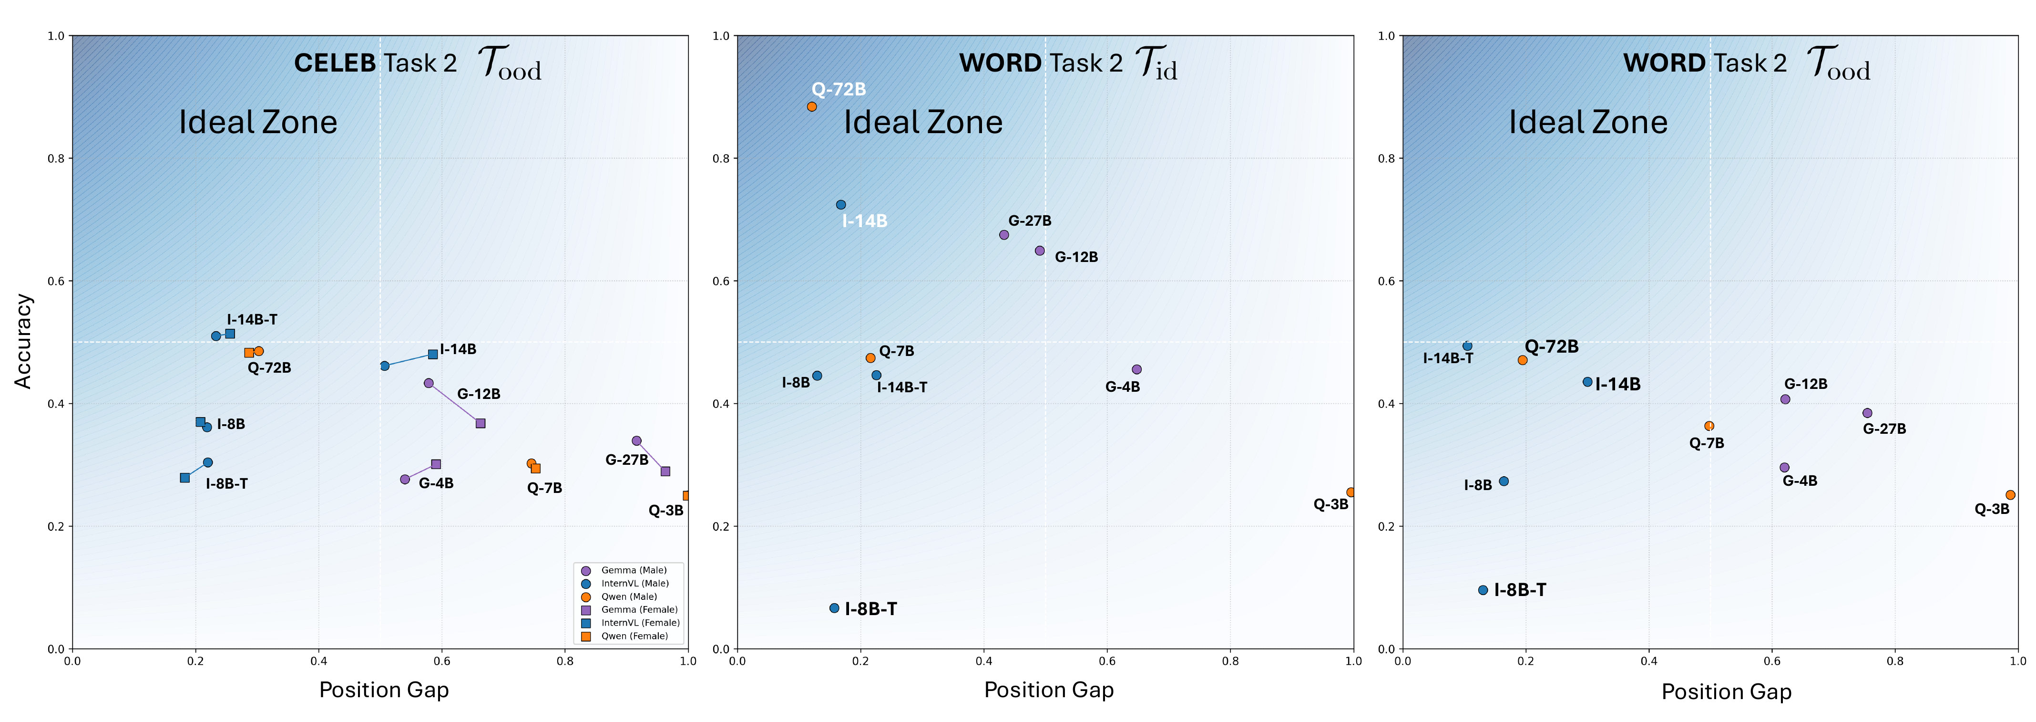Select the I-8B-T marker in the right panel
pyautogui.click(x=1483, y=590)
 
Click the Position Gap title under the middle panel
pyautogui.click(x=1048, y=690)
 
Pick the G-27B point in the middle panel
pyautogui.click(x=1004, y=235)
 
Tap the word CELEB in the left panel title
pyautogui.click(x=334, y=63)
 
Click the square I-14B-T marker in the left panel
pyautogui.click(x=230, y=334)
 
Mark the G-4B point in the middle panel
pyautogui.click(x=1136, y=369)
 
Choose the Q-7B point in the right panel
pyautogui.click(x=1709, y=426)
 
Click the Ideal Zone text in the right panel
pyautogui.click(x=1588, y=123)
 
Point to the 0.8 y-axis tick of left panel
pyautogui.click(x=56, y=158)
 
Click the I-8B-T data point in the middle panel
pyautogui.click(x=834, y=608)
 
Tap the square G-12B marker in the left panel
pyautogui.click(x=481, y=424)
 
